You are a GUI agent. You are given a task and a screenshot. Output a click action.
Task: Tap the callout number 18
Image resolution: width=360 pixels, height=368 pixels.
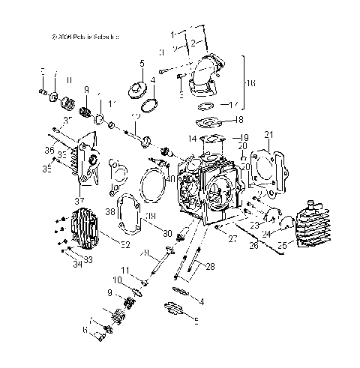[x=239, y=119]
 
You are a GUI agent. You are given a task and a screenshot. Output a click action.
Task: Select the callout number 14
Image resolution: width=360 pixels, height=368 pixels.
[x=192, y=139]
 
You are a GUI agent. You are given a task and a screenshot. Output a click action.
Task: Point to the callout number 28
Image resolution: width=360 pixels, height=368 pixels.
[x=210, y=267]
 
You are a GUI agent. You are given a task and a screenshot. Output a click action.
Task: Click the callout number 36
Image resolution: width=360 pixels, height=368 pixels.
[x=49, y=150]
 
